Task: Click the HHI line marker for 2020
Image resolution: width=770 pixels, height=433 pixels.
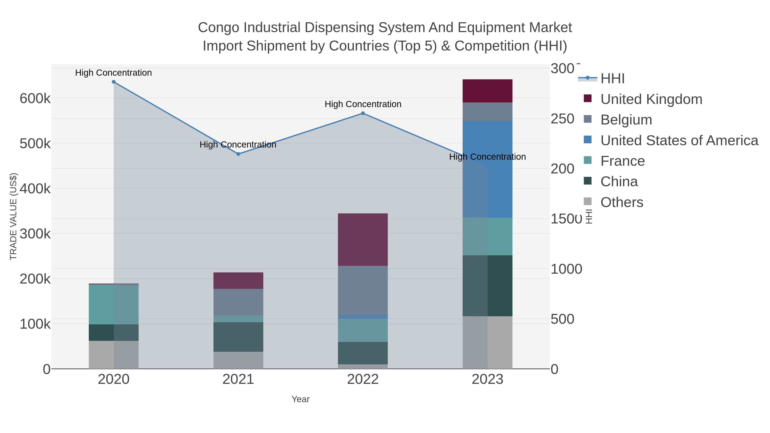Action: coord(114,82)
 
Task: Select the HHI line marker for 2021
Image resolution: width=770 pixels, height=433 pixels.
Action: coord(238,154)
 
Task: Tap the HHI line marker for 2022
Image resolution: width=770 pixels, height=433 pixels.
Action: coord(363,113)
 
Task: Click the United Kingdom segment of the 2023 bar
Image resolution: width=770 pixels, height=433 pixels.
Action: coord(487,91)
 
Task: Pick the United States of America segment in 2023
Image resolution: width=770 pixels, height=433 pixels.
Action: coord(487,169)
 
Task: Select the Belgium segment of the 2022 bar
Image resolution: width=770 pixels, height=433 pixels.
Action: coord(363,290)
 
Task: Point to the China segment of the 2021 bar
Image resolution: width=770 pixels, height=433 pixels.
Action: coord(238,337)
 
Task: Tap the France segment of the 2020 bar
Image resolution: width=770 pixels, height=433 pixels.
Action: coord(114,304)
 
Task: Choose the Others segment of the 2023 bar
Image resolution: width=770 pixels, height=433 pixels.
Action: coord(487,343)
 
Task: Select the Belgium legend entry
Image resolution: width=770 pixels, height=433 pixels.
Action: coord(626,120)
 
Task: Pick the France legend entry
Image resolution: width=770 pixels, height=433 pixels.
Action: coord(622,161)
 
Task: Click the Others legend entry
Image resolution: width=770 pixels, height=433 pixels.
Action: coord(621,202)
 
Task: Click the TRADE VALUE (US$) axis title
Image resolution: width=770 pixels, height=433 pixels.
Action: coord(13,216)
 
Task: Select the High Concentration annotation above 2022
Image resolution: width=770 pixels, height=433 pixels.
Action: coord(363,104)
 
